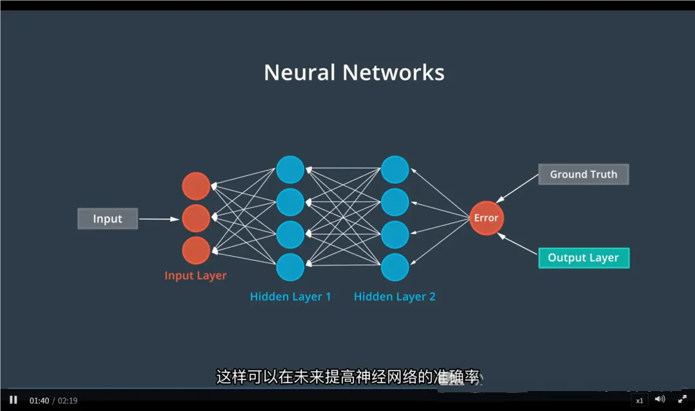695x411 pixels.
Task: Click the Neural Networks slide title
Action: pyautogui.click(x=354, y=72)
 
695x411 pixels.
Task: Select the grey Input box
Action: pyautogui.click(x=107, y=219)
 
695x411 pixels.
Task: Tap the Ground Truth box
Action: pyautogui.click(x=583, y=174)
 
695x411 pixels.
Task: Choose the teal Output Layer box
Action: pyautogui.click(x=583, y=258)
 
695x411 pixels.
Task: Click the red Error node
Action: pyautogui.click(x=486, y=218)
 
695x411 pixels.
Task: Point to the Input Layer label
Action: pyautogui.click(x=196, y=275)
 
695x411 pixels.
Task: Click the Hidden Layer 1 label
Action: pyautogui.click(x=290, y=297)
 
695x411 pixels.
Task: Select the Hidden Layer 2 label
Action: pyautogui.click(x=394, y=297)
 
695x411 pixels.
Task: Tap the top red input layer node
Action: pyautogui.click(x=196, y=186)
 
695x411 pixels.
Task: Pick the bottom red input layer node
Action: pyautogui.click(x=196, y=250)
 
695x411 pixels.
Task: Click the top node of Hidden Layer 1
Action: pyautogui.click(x=290, y=170)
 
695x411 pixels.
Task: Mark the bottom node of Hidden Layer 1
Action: pyautogui.click(x=290, y=267)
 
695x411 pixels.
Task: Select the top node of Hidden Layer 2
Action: pyautogui.click(x=394, y=170)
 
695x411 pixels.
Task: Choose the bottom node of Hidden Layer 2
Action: pyautogui.click(x=394, y=267)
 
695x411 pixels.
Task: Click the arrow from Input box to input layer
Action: pyautogui.click(x=159, y=219)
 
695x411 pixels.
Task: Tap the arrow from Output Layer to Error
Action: pyautogui.click(x=517, y=246)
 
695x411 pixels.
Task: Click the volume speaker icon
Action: pyautogui.click(x=660, y=399)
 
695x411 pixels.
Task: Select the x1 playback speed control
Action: pyautogui.click(x=639, y=400)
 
